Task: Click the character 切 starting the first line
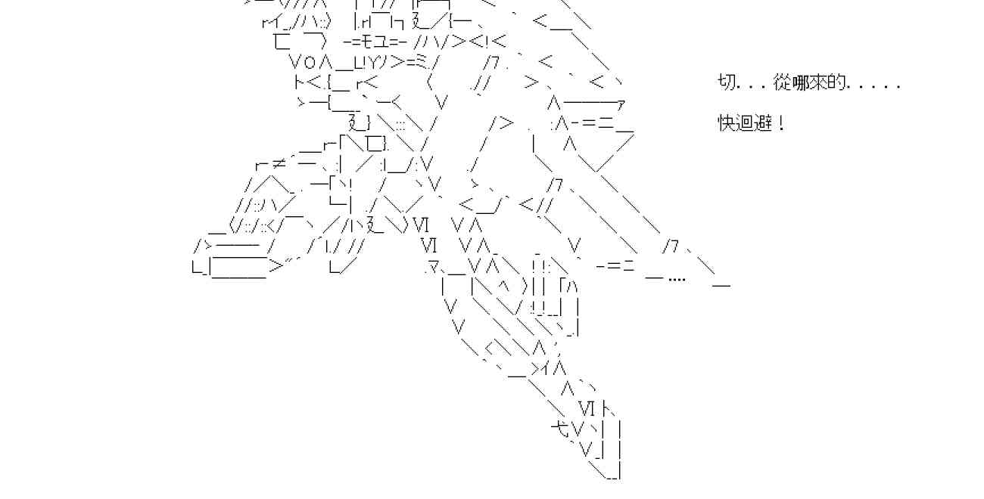[x=727, y=82]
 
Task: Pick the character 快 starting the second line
[x=727, y=122]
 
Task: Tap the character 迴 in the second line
[x=746, y=122]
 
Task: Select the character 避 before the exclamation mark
[x=764, y=122]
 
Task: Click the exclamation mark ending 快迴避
[x=780, y=122]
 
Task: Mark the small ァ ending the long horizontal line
[x=621, y=103]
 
